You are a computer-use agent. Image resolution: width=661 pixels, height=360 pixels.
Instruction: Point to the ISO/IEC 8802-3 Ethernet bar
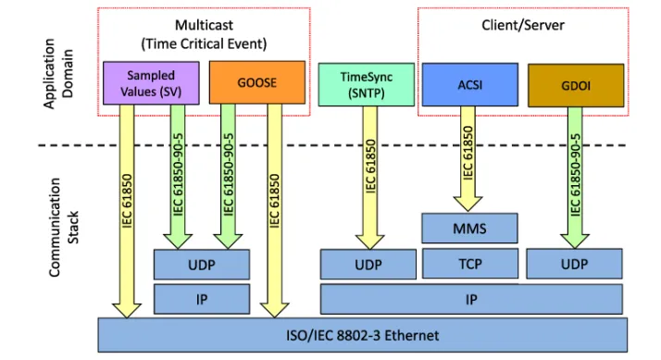pyautogui.click(x=361, y=334)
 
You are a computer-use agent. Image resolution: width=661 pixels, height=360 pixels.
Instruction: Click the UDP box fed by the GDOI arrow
pyautogui.click(x=574, y=264)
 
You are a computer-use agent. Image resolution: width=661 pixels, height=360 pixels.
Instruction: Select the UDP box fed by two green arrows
pyautogui.click(x=202, y=264)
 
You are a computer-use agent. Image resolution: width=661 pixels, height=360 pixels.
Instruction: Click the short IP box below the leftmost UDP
pyautogui.click(x=202, y=298)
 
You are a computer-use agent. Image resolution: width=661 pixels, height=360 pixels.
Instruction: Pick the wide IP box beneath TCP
pyautogui.click(x=471, y=298)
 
